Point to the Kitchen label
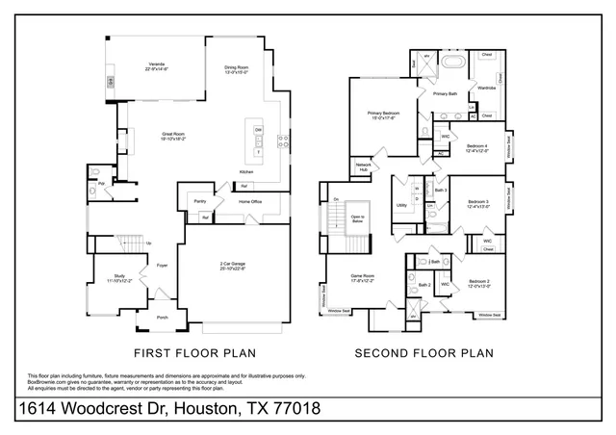click(x=246, y=172)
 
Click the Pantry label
click(x=199, y=201)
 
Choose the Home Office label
click(x=250, y=201)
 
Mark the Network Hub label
click(x=364, y=166)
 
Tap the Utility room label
click(x=400, y=205)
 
